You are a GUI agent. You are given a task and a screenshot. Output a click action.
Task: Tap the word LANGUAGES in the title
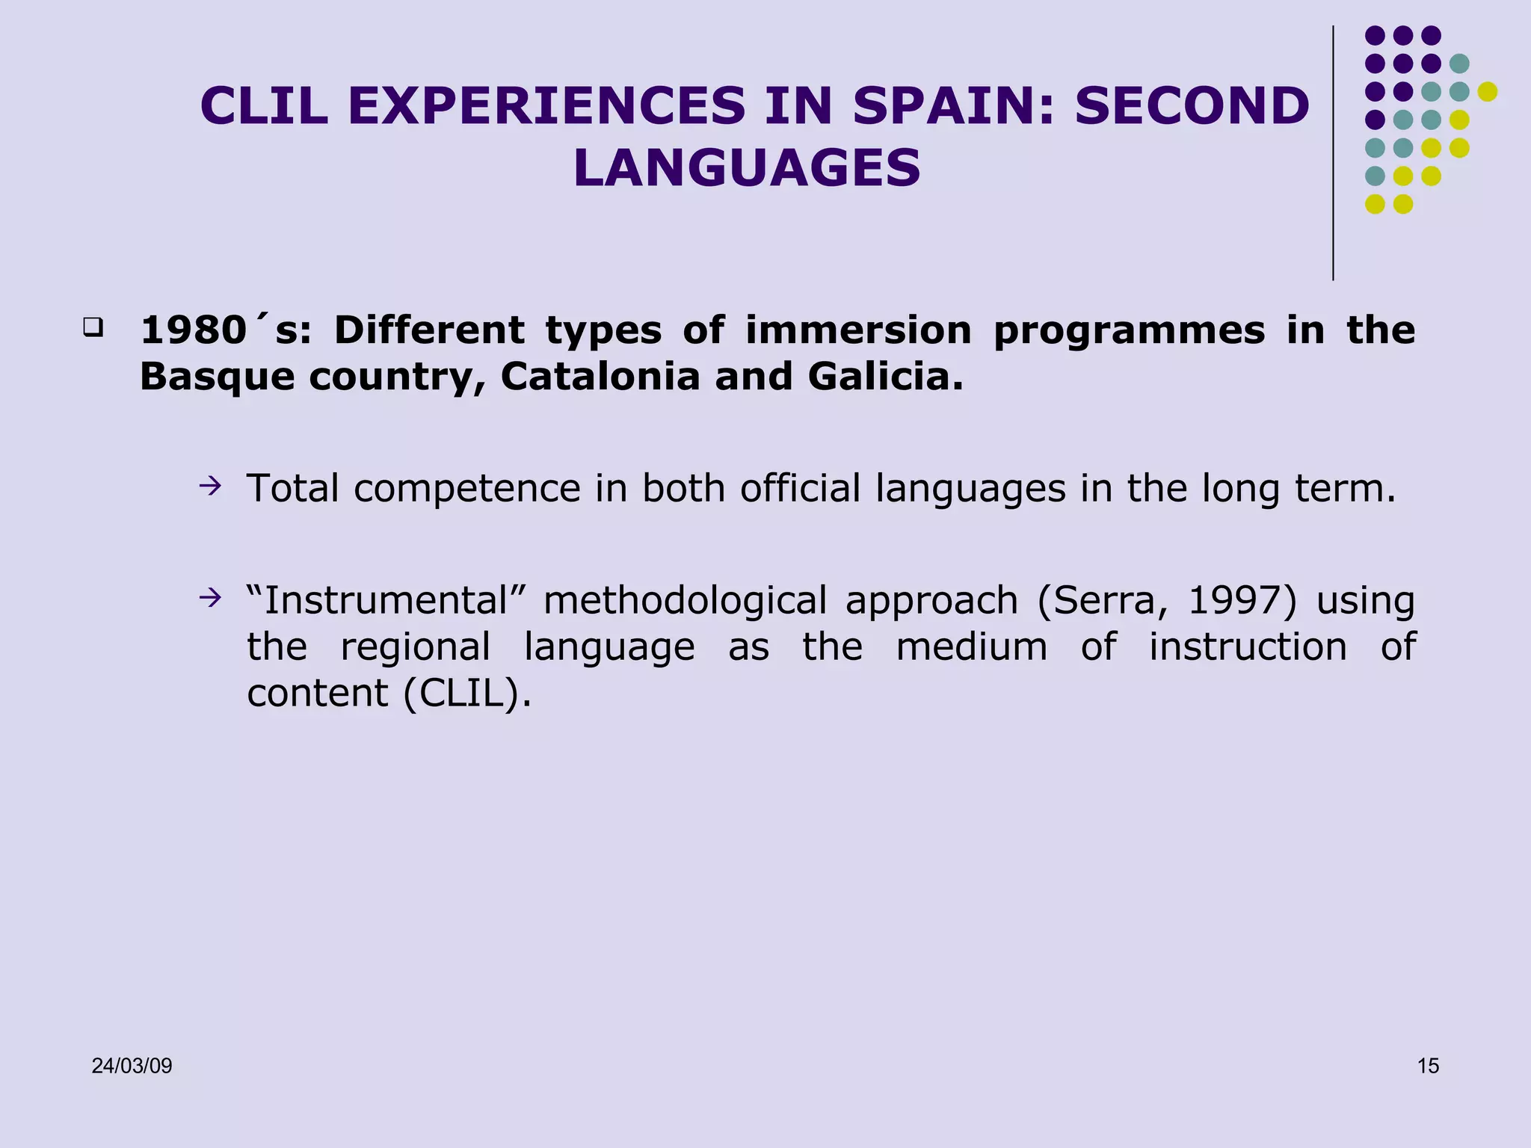[747, 168]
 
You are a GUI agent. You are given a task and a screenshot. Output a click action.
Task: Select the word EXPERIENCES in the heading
[546, 106]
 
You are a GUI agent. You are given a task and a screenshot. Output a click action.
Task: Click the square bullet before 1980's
[93, 327]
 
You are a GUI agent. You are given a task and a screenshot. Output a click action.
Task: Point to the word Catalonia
[600, 376]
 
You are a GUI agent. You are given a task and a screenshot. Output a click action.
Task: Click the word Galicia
[885, 376]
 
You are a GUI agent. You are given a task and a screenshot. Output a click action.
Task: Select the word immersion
[858, 330]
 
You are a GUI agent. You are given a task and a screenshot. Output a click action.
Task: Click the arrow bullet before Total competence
[210, 487]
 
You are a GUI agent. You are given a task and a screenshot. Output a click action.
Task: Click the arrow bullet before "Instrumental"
[210, 598]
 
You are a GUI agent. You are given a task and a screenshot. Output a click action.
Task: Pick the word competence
[466, 490]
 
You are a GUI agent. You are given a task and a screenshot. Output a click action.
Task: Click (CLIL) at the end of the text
[467, 694]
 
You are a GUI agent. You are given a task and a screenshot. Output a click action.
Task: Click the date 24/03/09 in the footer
[132, 1066]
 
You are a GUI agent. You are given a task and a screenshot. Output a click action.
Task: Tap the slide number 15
[1428, 1066]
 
